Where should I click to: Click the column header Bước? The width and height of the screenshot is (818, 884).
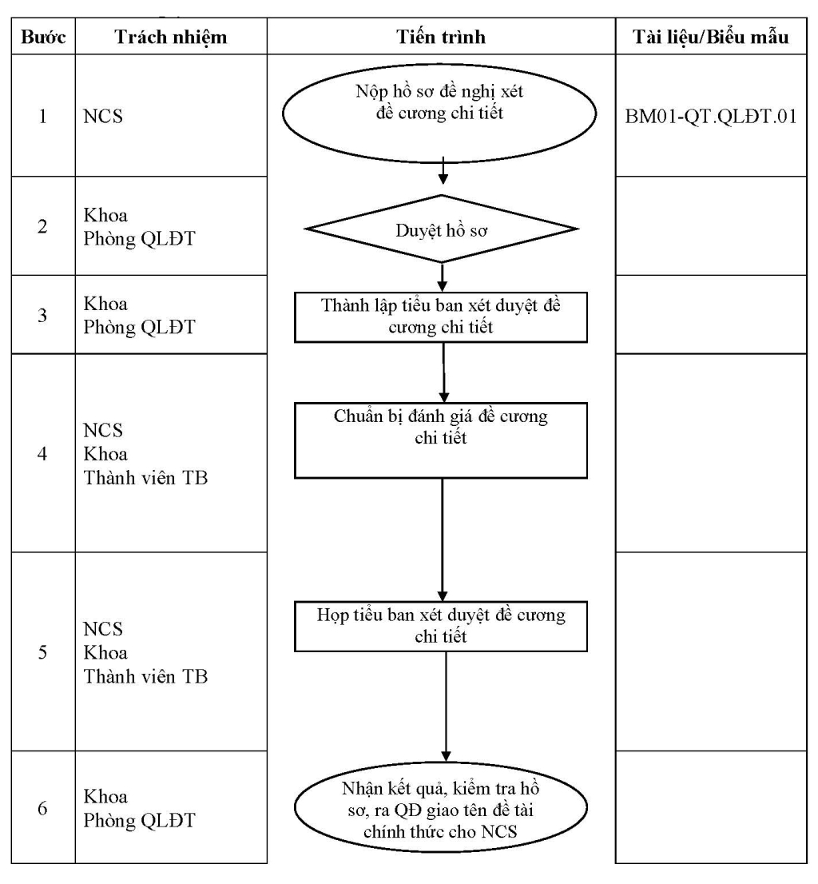43,38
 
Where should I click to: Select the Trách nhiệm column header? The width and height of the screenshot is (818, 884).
171,38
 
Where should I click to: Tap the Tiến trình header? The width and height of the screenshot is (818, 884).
440,38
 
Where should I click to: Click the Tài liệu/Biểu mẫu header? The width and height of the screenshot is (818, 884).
710,38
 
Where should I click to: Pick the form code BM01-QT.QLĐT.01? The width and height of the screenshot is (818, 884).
711,117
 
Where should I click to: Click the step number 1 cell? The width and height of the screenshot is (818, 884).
42,116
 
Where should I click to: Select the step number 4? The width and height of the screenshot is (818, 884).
42,454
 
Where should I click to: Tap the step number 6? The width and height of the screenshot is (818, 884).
42,808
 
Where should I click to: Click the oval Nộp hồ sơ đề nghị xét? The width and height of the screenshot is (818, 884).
439,113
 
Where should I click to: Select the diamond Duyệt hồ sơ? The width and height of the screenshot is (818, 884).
441,229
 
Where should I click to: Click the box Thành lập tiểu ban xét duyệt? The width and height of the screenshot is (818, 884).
440,317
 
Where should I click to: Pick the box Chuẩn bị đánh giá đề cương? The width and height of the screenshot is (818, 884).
440,440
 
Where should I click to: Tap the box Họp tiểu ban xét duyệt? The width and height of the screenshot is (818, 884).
440,627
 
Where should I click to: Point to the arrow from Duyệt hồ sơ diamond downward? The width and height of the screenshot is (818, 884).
443,277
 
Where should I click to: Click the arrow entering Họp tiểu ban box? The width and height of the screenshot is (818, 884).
443,540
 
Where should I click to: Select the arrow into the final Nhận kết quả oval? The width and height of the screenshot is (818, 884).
446,707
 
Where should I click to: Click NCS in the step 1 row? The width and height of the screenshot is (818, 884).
103,116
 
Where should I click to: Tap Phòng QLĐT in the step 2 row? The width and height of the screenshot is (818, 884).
139,239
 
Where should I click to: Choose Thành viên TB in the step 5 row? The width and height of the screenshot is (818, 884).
145,676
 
